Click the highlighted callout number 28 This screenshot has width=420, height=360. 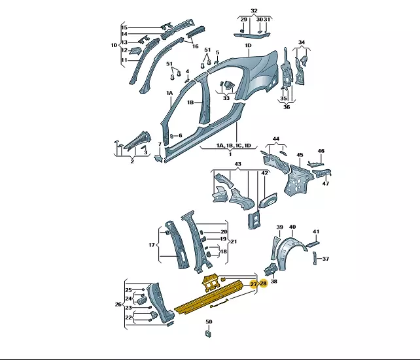[x=264, y=284]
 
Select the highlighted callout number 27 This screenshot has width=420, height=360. [x=253, y=284]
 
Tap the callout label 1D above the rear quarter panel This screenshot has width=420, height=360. [x=249, y=46]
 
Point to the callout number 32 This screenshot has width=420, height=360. [x=254, y=10]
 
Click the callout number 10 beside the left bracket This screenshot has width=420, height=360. [x=114, y=45]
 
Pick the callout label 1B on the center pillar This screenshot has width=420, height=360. [x=190, y=103]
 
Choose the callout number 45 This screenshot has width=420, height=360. [x=300, y=155]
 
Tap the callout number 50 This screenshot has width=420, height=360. [x=209, y=321]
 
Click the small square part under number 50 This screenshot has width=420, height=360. [x=209, y=333]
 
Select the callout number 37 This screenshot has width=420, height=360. [x=325, y=259]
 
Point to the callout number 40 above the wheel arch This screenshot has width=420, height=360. [x=292, y=227]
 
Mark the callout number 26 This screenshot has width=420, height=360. [x=118, y=304]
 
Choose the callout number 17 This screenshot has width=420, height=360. [x=152, y=245]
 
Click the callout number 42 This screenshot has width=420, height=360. [x=264, y=173]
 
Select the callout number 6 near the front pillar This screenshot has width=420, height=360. [x=181, y=136]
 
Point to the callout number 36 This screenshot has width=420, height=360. [x=287, y=107]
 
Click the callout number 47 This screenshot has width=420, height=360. [x=325, y=184]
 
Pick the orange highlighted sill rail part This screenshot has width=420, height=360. [x=209, y=297]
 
